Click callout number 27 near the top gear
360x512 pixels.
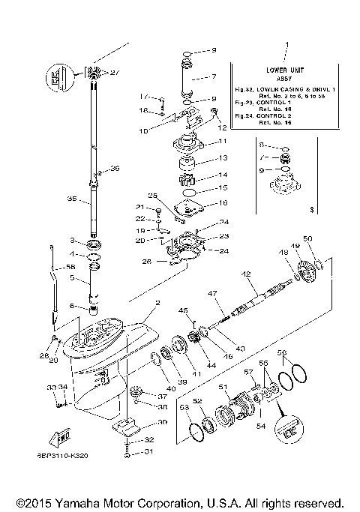pos(115,73)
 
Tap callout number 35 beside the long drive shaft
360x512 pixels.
pos(72,199)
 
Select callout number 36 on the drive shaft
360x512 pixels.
pos(115,169)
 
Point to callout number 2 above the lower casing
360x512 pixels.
pos(157,303)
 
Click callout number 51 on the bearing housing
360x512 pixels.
pos(223,387)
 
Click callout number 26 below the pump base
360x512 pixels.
pos(146,262)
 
